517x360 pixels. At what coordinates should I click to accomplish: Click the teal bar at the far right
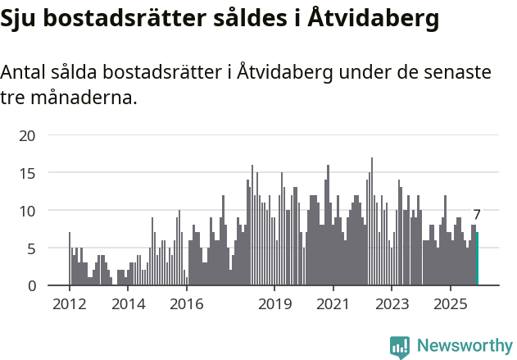(x=477, y=259)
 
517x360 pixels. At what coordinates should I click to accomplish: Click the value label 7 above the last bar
(x=477, y=216)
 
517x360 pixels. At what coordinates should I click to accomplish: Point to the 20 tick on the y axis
(x=27, y=136)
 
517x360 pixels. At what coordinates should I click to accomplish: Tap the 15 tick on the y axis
(x=27, y=173)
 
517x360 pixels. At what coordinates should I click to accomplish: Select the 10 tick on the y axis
(x=27, y=211)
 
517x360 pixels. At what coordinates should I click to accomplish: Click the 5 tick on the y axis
(x=31, y=248)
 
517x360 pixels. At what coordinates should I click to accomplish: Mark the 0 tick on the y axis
(x=31, y=286)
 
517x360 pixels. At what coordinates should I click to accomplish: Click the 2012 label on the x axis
(x=69, y=305)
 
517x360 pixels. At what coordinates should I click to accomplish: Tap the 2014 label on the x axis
(x=128, y=305)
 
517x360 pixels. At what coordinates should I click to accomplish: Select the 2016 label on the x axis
(x=187, y=305)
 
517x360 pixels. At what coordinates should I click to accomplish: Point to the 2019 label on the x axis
(x=274, y=305)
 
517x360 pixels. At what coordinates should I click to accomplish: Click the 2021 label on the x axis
(x=333, y=305)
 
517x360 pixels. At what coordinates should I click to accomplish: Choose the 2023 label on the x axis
(x=392, y=305)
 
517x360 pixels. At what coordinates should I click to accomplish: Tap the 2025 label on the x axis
(x=451, y=305)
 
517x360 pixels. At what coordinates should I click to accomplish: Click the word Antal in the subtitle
(x=24, y=72)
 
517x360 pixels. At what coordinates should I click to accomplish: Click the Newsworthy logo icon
(x=400, y=347)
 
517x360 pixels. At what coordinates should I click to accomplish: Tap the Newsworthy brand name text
(x=464, y=347)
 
